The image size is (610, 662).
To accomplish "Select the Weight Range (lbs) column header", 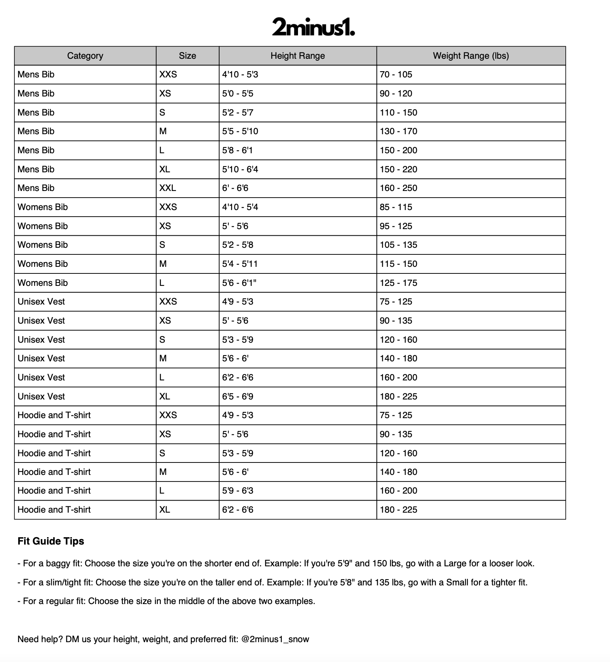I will pyautogui.click(x=471, y=56).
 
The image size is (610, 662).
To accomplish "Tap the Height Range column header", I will pyautogui.click(x=298, y=56).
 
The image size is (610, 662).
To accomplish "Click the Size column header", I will pyautogui.click(x=187, y=56).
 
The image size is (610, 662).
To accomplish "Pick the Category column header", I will pyautogui.click(x=85, y=56).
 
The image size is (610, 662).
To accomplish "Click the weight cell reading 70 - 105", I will pyautogui.click(x=396, y=75).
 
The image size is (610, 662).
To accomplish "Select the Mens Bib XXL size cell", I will pyautogui.click(x=168, y=188).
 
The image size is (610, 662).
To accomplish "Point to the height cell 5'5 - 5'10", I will pyautogui.click(x=240, y=131).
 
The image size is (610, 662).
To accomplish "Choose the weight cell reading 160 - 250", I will pyautogui.click(x=398, y=188).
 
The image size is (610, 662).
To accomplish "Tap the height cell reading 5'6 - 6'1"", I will pyautogui.click(x=239, y=283).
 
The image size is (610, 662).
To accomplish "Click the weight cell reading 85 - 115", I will pyautogui.click(x=396, y=207).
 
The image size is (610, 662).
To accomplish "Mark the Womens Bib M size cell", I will pyautogui.click(x=163, y=264).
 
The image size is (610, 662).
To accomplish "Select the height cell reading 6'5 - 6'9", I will pyautogui.click(x=238, y=397).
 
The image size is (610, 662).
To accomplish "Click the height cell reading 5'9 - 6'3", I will pyautogui.click(x=238, y=491).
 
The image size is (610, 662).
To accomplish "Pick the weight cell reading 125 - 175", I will pyautogui.click(x=398, y=283).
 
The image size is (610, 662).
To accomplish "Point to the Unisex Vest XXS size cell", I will pyautogui.click(x=168, y=302).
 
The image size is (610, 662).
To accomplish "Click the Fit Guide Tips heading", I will pyautogui.click(x=51, y=541).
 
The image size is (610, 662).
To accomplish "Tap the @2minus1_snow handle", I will pyautogui.click(x=275, y=639).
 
